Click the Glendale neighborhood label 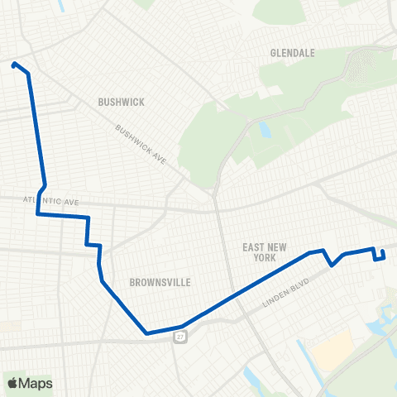[293, 53]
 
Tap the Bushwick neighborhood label [121, 102]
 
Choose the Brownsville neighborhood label [160, 282]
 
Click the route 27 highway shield [179, 337]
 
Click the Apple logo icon [12, 383]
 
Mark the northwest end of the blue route [14, 64]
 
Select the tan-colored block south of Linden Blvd [332, 352]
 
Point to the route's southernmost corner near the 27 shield [146, 333]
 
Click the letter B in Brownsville [132, 282]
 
